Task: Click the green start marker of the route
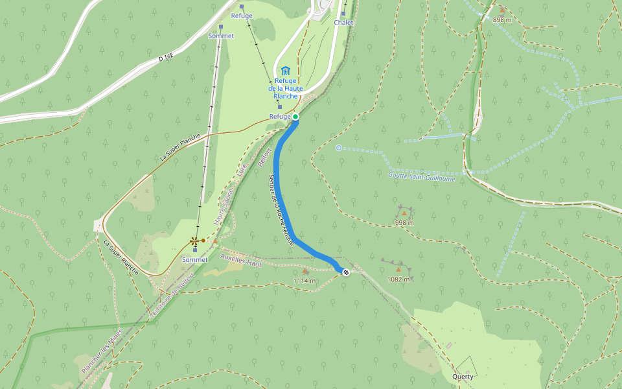(x=295, y=117)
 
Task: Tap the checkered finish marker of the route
(x=346, y=272)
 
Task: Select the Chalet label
(x=343, y=23)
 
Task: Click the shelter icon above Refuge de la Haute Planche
(x=285, y=70)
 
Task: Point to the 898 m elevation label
(x=501, y=20)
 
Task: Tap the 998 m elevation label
(x=404, y=222)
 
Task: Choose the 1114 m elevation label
(x=304, y=281)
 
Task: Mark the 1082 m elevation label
(x=398, y=279)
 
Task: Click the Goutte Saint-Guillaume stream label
(x=421, y=176)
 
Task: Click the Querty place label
(x=463, y=377)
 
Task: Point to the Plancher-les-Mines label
(x=102, y=350)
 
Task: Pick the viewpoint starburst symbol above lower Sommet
(x=194, y=241)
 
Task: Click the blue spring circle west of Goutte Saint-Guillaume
(x=339, y=148)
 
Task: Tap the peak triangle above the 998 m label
(x=404, y=213)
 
